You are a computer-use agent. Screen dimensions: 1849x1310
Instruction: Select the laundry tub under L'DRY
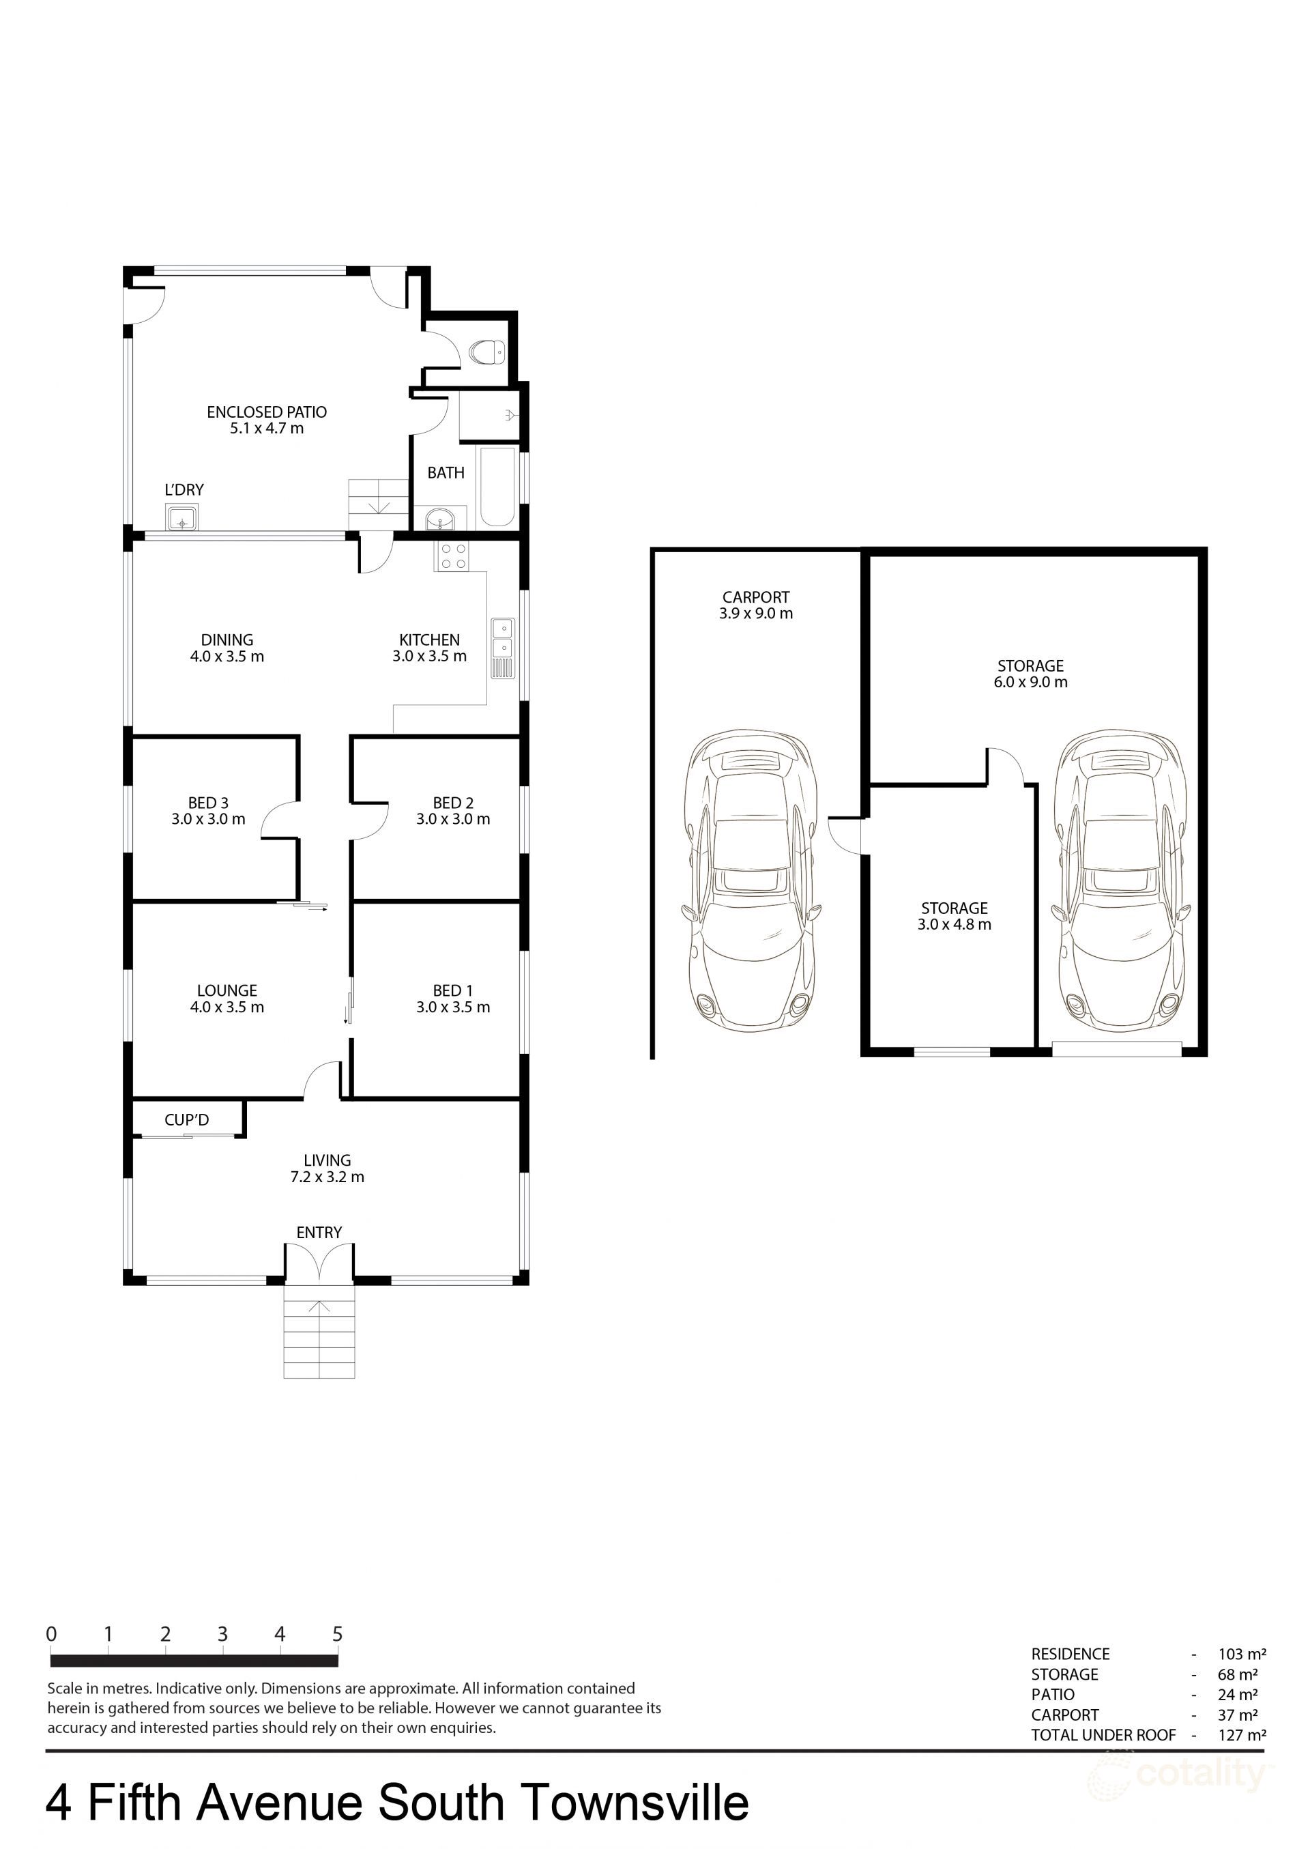(x=182, y=518)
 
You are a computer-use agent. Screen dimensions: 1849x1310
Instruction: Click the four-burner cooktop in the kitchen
(x=452, y=556)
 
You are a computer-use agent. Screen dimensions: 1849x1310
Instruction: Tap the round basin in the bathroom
(x=441, y=519)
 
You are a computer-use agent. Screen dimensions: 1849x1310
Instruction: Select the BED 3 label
(x=208, y=803)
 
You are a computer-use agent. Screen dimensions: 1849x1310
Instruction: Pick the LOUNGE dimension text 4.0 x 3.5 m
(x=227, y=1007)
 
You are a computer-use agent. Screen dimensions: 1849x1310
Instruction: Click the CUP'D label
(x=186, y=1120)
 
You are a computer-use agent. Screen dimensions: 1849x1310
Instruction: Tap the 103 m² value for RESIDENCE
(x=1242, y=1654)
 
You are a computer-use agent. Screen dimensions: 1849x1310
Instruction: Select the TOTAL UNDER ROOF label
(x=1103, y=1734)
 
